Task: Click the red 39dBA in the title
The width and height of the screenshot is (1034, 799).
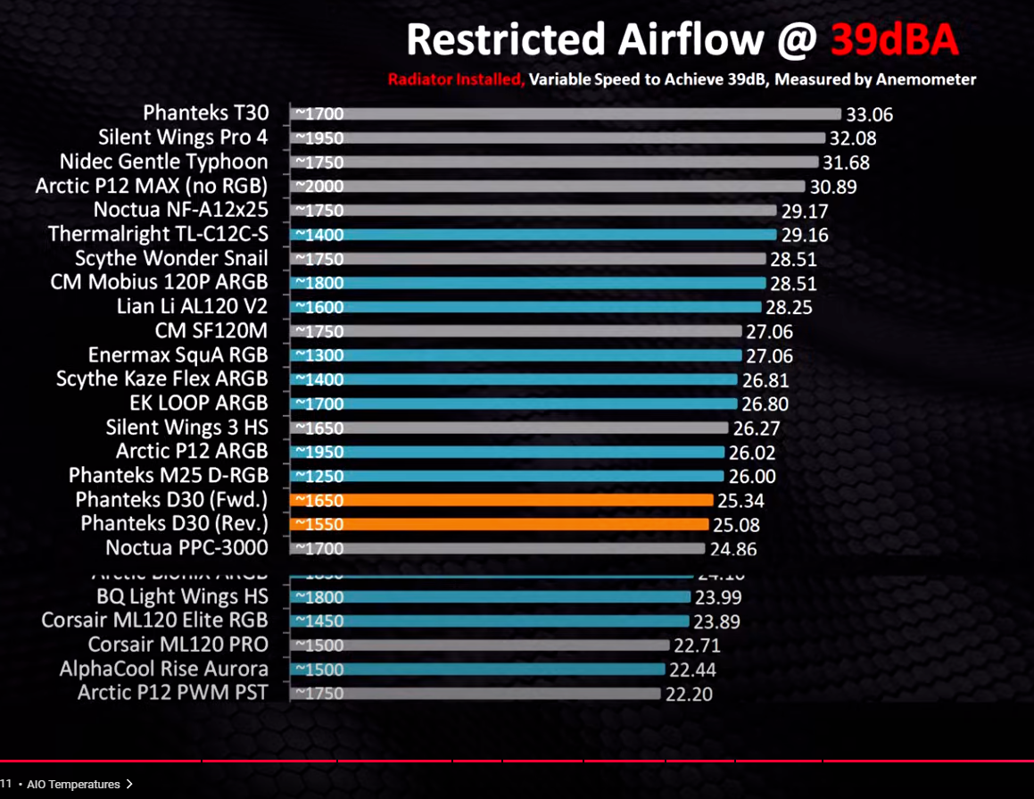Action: [x=895, y=39]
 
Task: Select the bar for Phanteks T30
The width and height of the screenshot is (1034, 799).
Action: [x=566, y=113]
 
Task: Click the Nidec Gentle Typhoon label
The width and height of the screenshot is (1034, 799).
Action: [x=163, y=162]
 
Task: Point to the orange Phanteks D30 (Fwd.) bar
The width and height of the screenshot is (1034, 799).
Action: [x=503, y=500]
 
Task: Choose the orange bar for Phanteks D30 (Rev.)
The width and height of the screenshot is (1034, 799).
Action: [x=501, y=524]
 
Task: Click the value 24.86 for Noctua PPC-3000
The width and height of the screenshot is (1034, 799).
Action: [x=737, y=549]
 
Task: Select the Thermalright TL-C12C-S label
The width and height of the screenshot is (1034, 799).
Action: [x=158, y=234]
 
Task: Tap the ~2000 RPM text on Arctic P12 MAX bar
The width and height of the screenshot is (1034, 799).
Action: [x=318, y=187]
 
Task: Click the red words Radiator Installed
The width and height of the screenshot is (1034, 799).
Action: [x=455, y=79]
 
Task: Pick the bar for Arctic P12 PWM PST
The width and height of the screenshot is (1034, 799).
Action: [x=476, y=693]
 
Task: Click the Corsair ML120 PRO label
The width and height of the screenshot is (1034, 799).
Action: [x=178, y=645]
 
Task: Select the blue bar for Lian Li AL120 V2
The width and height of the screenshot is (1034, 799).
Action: [x=527, y=307]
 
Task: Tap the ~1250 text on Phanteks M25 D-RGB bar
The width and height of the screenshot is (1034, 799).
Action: [x=318, y=476]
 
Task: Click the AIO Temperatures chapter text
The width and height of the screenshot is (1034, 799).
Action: [x=73, y=785]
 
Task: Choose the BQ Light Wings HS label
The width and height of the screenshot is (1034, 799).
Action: [x=182, y=596]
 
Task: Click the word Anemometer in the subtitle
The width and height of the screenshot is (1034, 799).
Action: [x=925, y=79]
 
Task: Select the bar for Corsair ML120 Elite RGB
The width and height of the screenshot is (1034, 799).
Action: [x=492, y=620]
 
